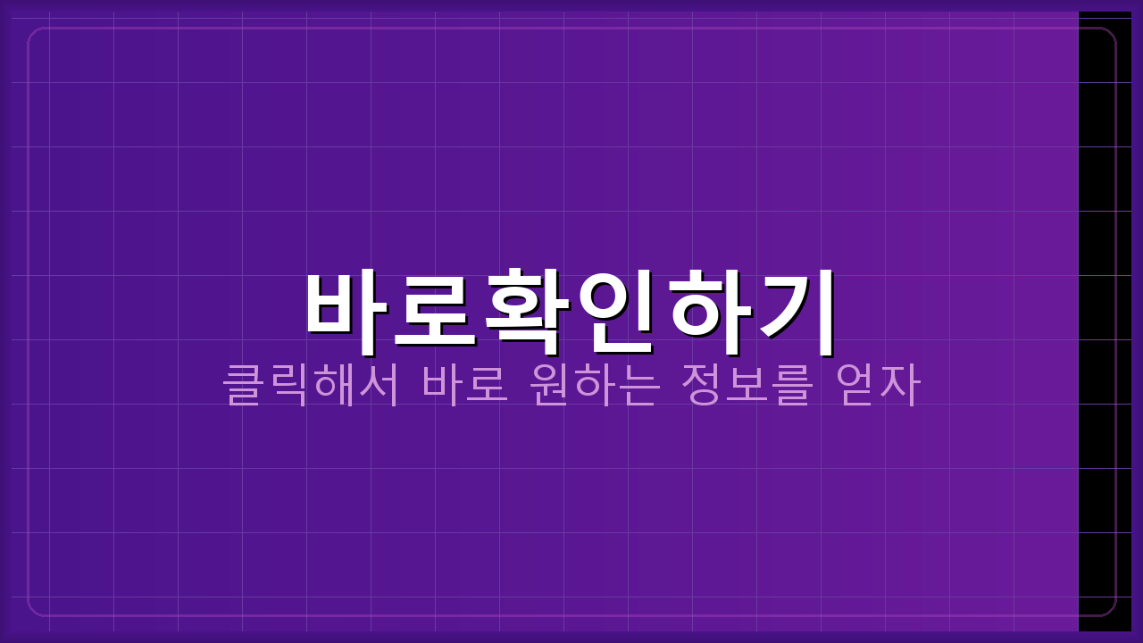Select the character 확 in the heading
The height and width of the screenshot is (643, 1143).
point(528,308)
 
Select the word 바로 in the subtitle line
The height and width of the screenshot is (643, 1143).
point(464,385)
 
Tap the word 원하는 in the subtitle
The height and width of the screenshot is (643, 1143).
point(595,385)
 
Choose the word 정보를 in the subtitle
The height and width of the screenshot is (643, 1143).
point(747,385)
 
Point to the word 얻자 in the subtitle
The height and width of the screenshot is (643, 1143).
point(877,385)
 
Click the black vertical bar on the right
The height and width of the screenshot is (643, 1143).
point(1105,321)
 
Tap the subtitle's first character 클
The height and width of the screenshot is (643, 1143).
point(243,385)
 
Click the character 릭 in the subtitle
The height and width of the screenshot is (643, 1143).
point(288,385)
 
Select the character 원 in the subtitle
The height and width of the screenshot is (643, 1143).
point(550,385)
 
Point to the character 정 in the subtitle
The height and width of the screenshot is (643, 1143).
point(702,385)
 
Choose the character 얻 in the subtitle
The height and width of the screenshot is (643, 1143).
point(855,385)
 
